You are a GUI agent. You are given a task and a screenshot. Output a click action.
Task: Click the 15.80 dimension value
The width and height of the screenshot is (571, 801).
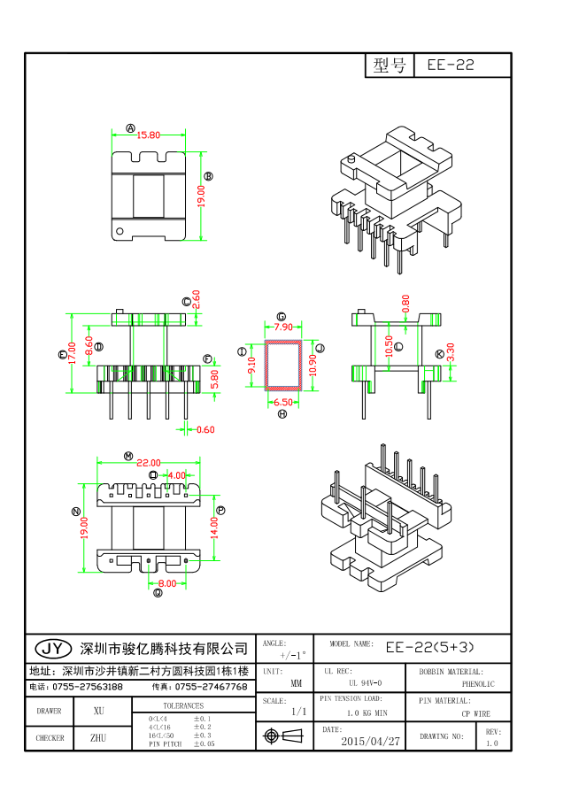pos(149,135)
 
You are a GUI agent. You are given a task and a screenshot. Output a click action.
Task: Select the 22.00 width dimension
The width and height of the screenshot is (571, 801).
pos(149,463)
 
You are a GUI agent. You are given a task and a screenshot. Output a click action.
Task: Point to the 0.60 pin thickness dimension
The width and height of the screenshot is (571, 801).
pos(204,430)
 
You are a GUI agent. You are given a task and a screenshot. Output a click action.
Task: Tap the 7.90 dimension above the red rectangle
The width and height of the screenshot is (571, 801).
pos(283,327)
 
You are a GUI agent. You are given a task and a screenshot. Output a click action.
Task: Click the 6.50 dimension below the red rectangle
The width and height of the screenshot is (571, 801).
pos(282,403)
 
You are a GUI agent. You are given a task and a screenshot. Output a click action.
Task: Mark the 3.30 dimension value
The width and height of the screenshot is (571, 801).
pos(451,353)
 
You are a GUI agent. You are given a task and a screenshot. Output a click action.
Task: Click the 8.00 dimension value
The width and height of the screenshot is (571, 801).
pos(166,583)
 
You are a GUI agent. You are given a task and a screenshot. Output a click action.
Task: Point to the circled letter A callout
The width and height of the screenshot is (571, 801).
pos(131,128)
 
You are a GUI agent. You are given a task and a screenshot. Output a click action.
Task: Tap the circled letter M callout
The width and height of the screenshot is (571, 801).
pos(128,456)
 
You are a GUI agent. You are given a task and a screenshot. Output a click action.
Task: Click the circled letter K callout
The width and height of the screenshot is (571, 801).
pos(440,353)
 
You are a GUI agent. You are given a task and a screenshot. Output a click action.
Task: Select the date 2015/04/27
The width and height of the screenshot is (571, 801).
pos(370,741)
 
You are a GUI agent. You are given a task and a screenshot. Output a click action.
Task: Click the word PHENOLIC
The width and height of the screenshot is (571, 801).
pos(478,684)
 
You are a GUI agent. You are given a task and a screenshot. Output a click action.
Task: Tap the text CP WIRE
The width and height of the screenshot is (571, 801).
pos(475,713)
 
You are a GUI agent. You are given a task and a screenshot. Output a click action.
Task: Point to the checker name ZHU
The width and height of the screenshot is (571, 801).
pos(98,737)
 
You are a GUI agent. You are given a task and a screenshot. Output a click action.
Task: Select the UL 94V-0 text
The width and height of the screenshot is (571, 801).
pos(365,683)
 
